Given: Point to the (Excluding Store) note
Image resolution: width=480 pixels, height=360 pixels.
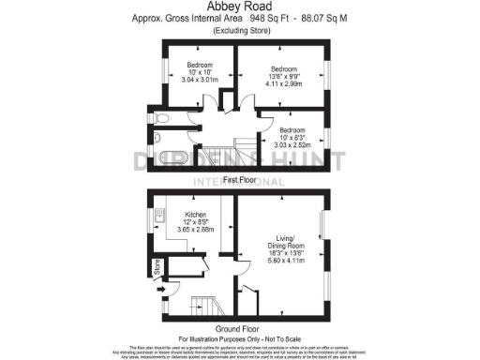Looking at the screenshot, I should (x=240, y=30).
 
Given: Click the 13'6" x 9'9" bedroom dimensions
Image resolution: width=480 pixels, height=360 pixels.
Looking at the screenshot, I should (x=283, y=77).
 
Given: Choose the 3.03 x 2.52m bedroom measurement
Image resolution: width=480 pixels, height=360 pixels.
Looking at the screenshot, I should (x=292, y=145).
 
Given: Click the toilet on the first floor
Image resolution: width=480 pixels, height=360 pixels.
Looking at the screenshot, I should (x=162, y=119).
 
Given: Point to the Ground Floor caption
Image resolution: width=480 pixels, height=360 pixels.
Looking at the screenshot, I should (x=240, y=329).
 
